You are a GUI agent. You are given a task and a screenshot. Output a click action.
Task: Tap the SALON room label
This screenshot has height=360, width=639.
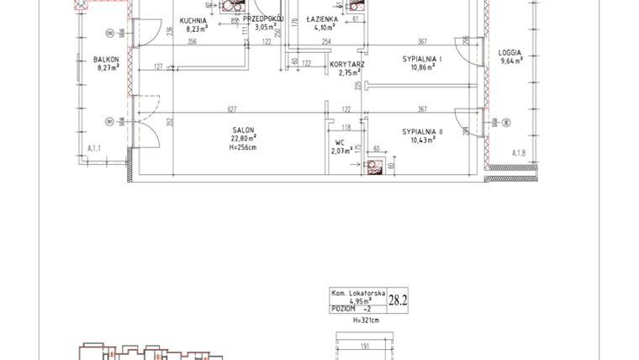pos(245,130)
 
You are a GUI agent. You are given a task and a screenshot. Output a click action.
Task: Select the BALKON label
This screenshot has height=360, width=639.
pos(107,59)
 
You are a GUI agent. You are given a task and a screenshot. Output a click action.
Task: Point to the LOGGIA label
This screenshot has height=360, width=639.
pos(510,53)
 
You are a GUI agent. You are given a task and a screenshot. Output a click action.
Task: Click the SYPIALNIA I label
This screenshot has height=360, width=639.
pos(421,60)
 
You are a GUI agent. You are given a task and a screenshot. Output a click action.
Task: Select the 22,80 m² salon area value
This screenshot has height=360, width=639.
pos(245,139)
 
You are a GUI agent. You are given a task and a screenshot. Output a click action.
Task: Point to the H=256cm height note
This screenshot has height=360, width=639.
pos(245,148)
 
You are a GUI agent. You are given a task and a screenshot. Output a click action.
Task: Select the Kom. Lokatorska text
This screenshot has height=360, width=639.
pos(357,292)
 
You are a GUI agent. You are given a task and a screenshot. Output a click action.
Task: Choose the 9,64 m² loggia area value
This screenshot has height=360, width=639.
pos(510,61)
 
